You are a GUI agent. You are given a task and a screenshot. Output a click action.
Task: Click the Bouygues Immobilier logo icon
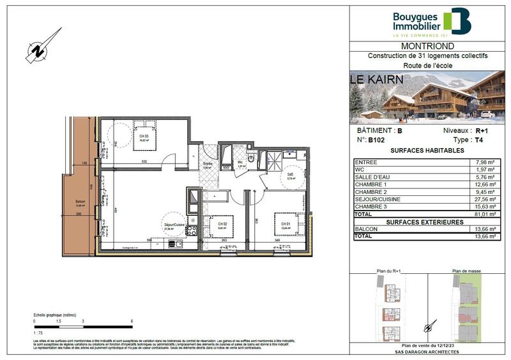pos(458,21)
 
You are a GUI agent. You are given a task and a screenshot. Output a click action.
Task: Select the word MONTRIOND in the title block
pos(427,47)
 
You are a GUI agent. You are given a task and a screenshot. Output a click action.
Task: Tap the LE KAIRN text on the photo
pos(377,80)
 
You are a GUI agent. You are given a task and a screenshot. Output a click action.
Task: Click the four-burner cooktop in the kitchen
pos(192,230)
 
